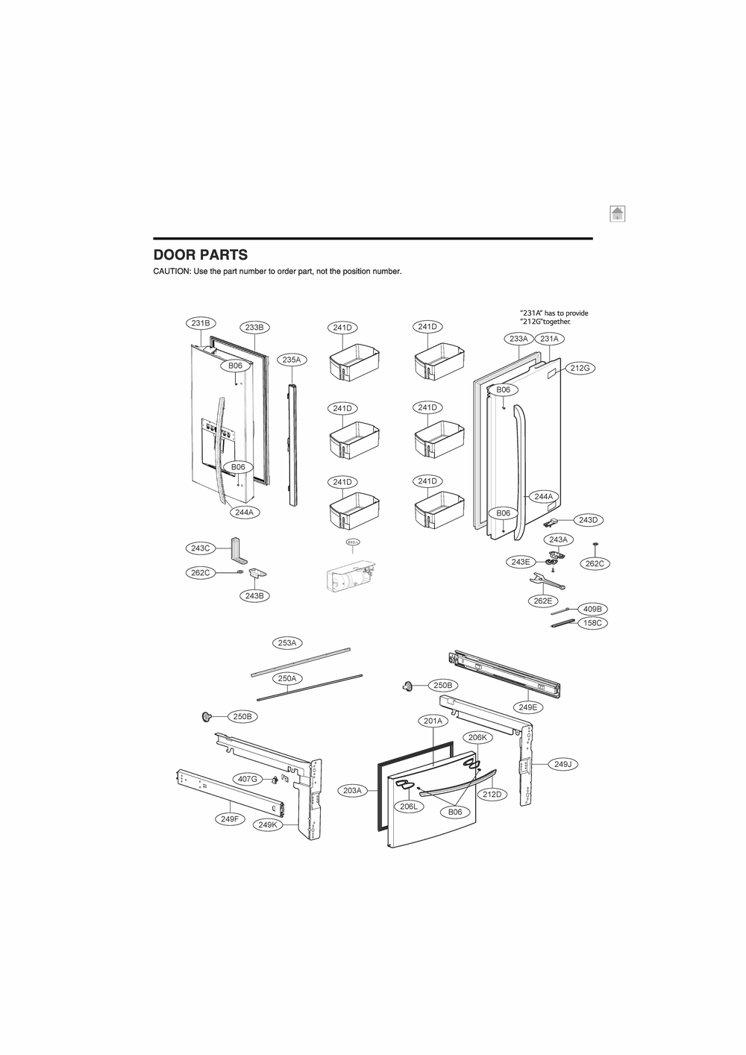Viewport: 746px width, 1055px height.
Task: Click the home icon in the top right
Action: coord(616,214)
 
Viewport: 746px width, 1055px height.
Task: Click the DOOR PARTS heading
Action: coord(200,254)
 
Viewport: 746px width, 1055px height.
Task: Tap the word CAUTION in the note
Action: coord(172,272)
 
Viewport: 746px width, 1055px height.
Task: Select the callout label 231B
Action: coord(200,323)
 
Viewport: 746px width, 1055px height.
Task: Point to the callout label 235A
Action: coord(292,360)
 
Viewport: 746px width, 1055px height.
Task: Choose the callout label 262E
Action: coord(542,601)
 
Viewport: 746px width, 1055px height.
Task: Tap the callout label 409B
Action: coord(592,609)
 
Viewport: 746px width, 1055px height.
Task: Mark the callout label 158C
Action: coord(592,622)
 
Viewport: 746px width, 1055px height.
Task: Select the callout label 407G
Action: coord(248,779)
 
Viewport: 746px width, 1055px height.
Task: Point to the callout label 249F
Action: coord(230,818)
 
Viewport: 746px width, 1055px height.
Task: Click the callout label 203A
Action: coord(352,790)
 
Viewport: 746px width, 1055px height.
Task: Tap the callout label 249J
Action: coord(562,763)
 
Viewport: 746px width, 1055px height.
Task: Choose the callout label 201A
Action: coord(433,721)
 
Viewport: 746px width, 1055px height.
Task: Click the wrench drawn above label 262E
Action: coord(546,581)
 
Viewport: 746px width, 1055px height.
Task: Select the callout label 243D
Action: coord(588,519)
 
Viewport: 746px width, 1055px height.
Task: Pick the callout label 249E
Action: coord(527,707)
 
